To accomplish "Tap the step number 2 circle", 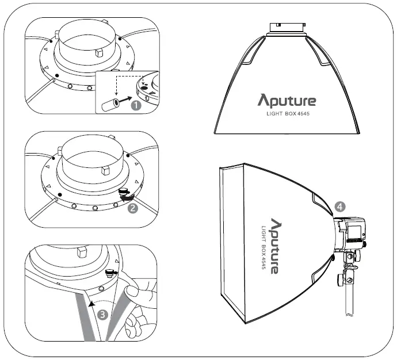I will point(133,208).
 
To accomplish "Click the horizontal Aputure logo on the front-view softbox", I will point(287,101).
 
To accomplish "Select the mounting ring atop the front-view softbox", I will point(286,28).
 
